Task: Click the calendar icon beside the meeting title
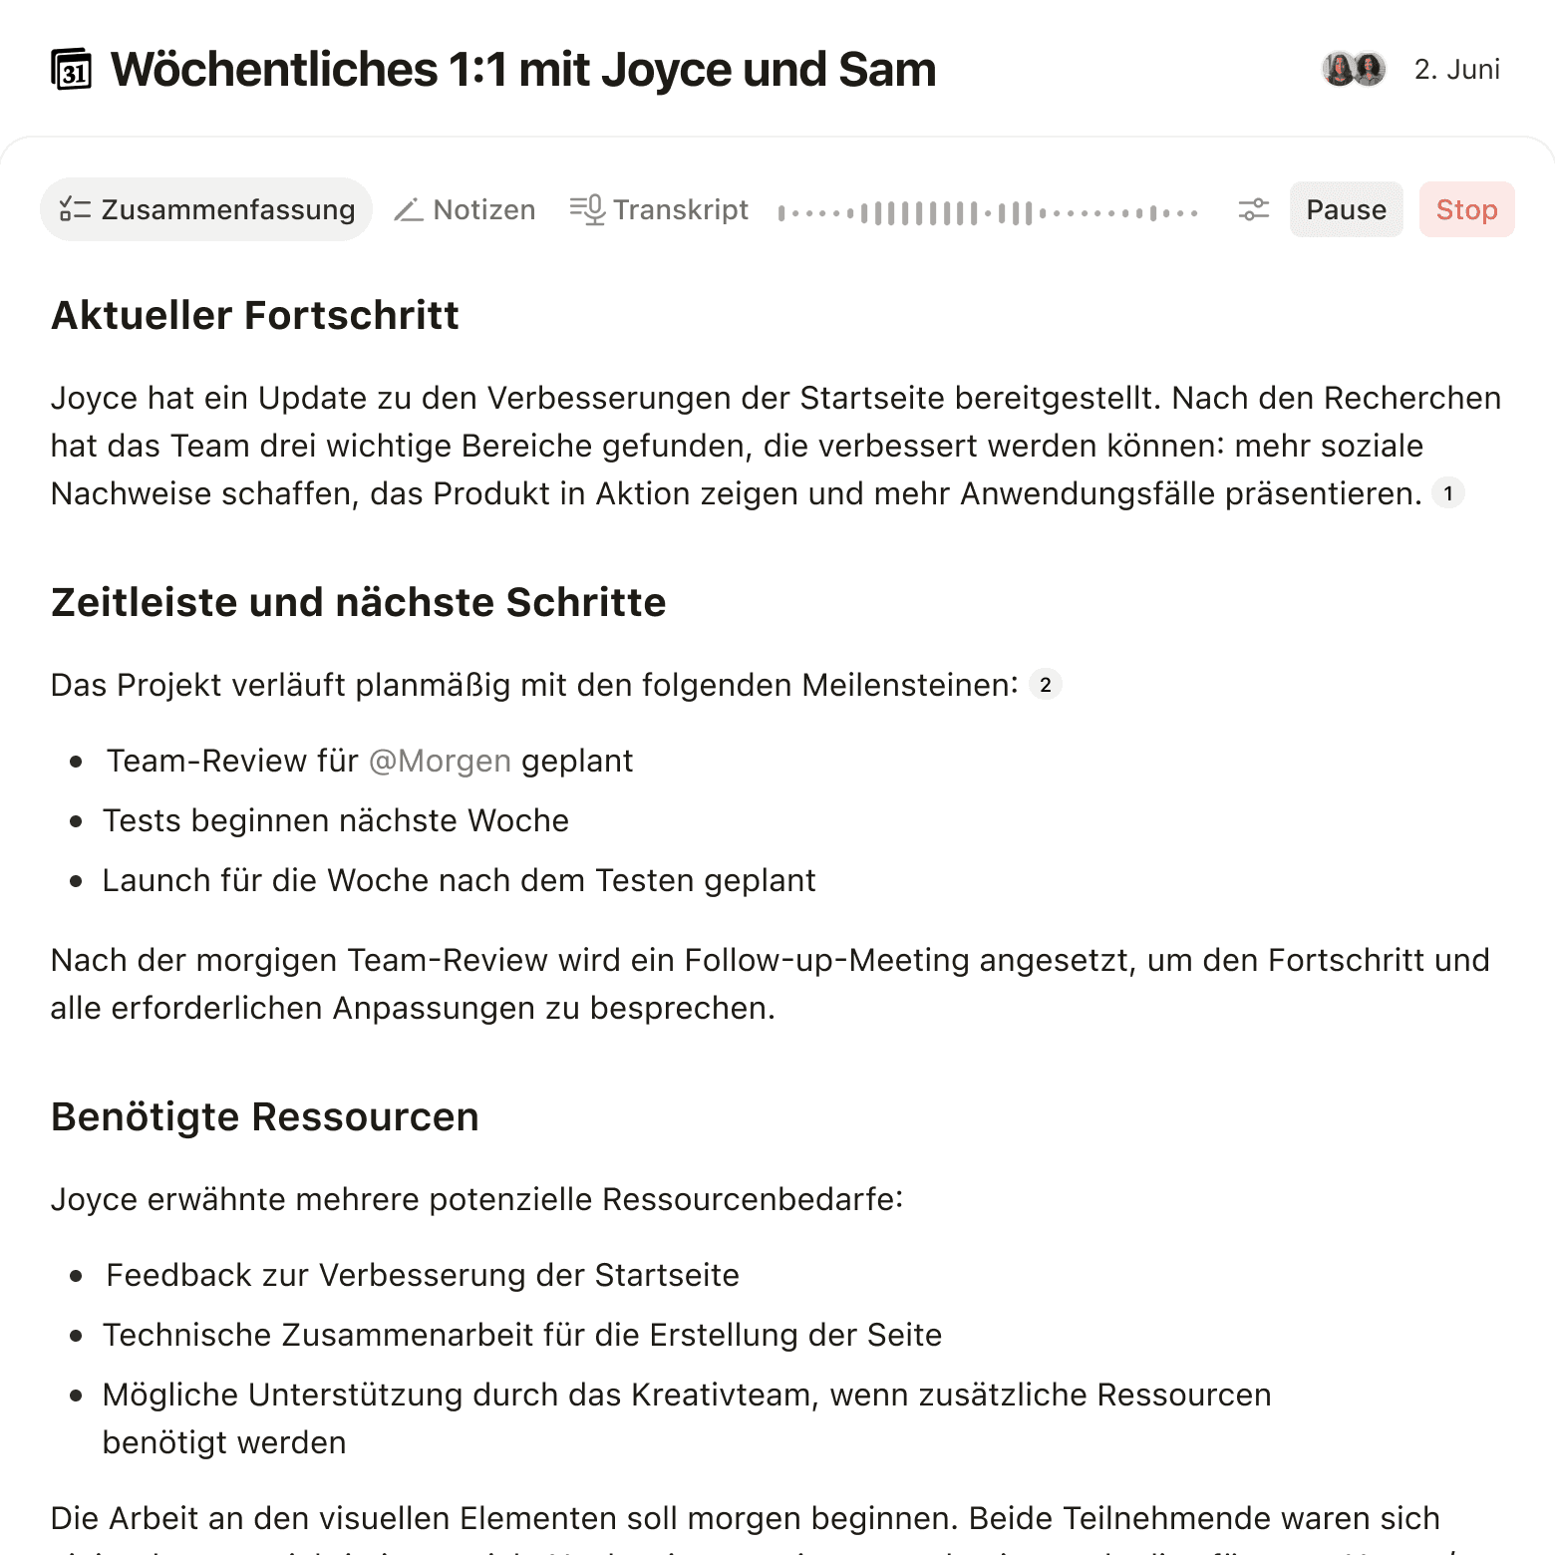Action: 71,70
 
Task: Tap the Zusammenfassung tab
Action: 206,209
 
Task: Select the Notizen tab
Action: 465,209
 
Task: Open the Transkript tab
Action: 659,209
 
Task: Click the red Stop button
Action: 1466,209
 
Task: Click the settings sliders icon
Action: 1253,209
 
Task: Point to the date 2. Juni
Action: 1456,70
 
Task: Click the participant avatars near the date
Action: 1354,69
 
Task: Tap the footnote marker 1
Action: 1447,493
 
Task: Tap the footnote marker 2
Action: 1045,685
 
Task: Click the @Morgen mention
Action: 440,761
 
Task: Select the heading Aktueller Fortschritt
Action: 255,315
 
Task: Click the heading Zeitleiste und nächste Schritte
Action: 359,602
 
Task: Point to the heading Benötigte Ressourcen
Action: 265,1116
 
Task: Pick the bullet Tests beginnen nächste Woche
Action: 335,820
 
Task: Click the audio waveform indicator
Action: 987,212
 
